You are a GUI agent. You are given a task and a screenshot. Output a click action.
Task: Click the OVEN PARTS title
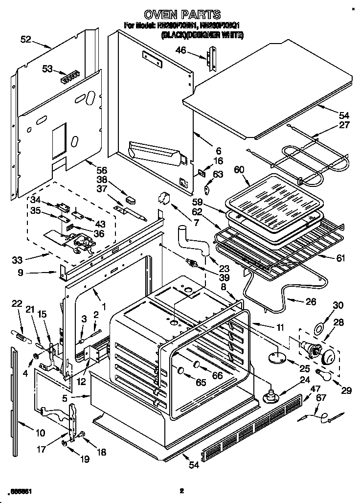[x=180, y=15]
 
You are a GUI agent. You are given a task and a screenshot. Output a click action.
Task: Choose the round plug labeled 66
[x=197, y=364]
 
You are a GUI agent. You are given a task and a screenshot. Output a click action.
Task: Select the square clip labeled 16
[x=201, y=172]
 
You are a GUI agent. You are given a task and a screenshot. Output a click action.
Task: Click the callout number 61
[x=341, y=258]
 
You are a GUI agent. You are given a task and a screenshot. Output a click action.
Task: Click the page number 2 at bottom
[x=181, y=491]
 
